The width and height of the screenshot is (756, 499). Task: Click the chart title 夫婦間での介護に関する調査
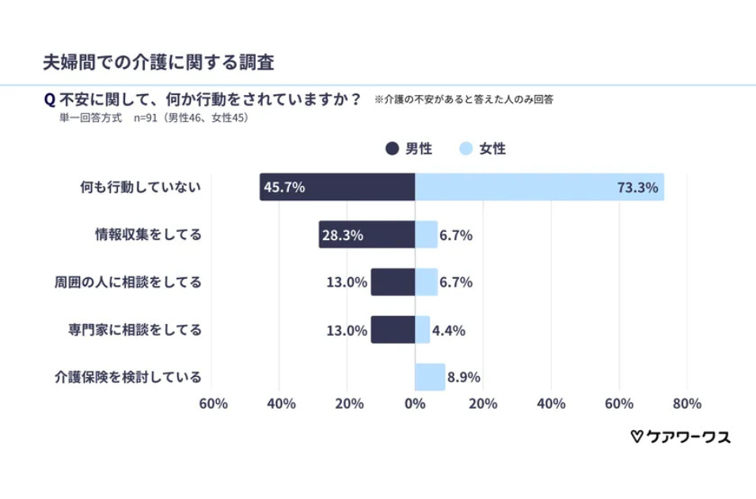158,62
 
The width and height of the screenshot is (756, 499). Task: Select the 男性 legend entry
408,148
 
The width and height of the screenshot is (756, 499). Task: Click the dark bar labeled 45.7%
337,187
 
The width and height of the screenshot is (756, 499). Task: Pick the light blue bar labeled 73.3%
538,187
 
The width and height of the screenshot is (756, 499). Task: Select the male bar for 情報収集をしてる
367,234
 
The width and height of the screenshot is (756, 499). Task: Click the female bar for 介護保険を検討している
430,377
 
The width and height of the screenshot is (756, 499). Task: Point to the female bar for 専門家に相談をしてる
422,329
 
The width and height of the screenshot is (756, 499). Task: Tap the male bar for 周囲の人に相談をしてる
393,282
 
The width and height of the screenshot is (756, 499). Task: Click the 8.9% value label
464,377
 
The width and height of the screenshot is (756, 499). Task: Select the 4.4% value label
449,329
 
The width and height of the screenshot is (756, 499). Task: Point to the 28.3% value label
342,234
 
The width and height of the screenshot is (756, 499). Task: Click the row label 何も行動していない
141,187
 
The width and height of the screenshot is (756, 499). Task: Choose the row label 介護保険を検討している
127,377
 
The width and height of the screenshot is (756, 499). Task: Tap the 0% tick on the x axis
415,404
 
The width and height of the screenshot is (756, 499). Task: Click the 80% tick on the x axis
686,404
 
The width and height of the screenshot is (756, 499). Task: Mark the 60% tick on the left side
213,404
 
